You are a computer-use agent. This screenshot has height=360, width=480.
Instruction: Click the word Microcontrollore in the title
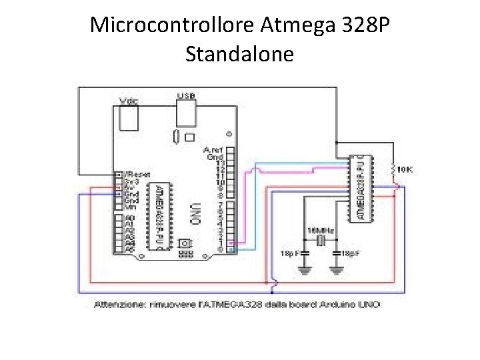(172, 25)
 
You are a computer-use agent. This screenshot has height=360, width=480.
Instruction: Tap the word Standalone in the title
(239, 53)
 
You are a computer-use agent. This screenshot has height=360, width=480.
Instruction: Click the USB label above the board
(186, 96)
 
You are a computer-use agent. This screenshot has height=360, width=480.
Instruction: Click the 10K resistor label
(405, 170)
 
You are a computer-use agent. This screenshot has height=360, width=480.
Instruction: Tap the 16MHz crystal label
(321, 230)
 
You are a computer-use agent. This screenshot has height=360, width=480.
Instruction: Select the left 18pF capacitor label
(287, 254)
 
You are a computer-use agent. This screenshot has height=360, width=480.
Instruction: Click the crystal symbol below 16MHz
(321, 241)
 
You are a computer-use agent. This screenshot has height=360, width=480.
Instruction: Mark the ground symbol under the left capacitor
(305, 271)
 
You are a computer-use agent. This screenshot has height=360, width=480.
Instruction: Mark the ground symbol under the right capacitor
(337, 271)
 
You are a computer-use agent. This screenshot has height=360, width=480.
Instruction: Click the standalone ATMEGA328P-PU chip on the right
(361, 189)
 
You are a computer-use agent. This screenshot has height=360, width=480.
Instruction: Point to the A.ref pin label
(213, 149)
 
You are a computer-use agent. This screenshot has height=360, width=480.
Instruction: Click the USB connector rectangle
(187, 113)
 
